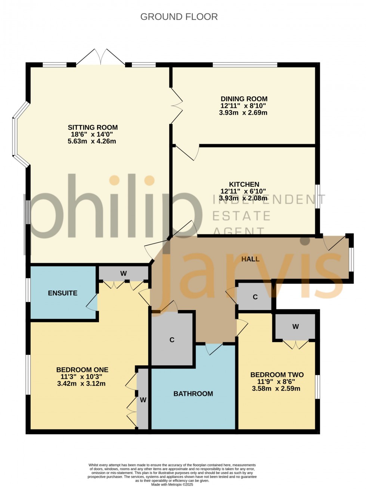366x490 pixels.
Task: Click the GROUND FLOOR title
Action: point(179,17)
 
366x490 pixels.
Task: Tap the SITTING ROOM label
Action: point(93,127)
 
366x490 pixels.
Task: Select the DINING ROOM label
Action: point(244,99)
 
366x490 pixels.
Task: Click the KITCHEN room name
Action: point(244,184)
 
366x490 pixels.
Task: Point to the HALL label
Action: point(250,259)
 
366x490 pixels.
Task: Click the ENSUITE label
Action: point(63,293)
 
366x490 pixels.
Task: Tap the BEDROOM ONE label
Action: point(82,370)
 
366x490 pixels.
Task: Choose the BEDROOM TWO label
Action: point(277,375)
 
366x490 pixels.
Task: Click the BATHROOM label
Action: point(193,394)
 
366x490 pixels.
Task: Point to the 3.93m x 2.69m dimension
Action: point(244,112)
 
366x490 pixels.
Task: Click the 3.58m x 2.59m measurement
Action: point(276,388)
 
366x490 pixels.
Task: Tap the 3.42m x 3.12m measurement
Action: point(81,384)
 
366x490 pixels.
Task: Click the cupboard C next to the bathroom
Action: point(172,340)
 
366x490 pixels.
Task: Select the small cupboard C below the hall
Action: point(255,297)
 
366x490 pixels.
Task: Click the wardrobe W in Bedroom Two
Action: point(295,326)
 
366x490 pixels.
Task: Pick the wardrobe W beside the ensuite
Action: point(123,274)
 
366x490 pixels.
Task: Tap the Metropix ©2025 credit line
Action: point(172,485)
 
